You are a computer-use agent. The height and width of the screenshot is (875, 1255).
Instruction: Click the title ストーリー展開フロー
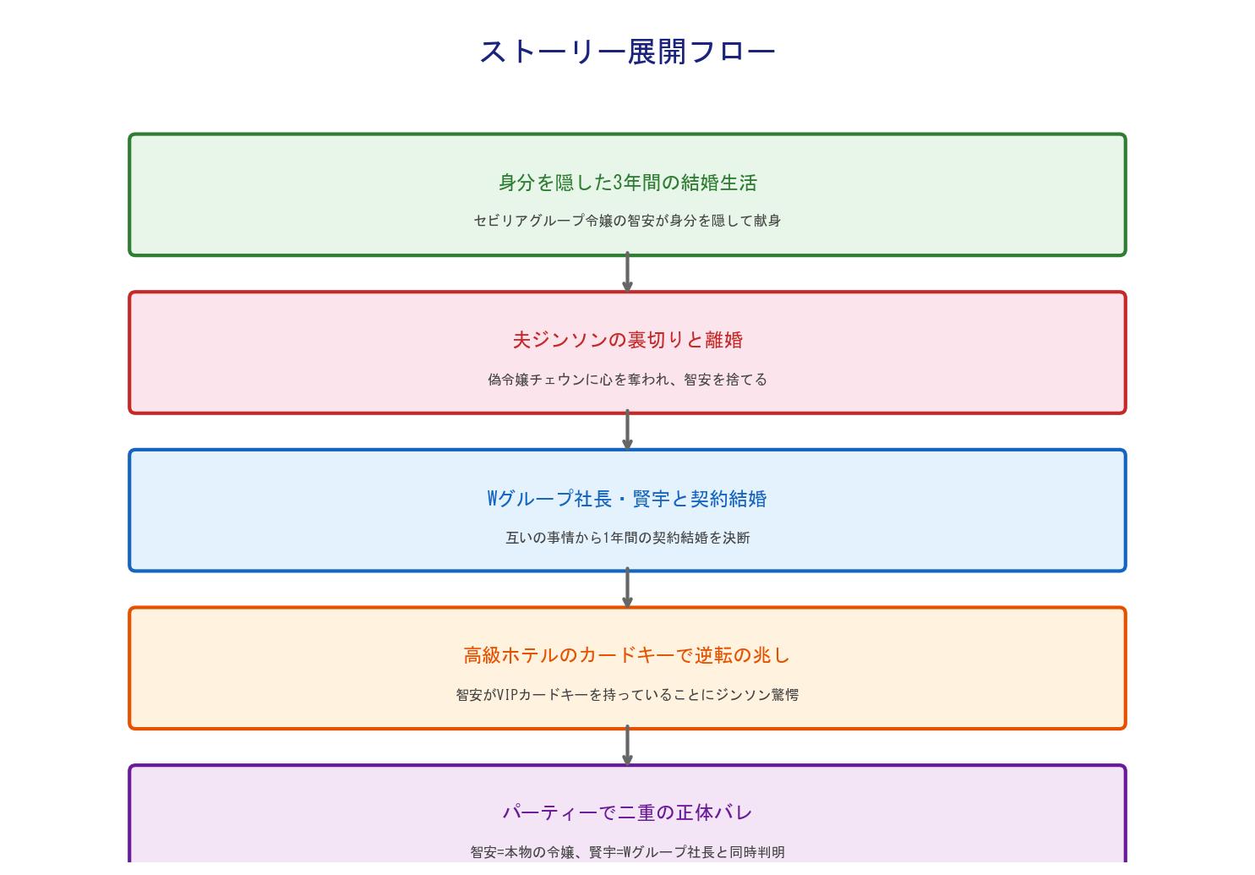click(627, 52)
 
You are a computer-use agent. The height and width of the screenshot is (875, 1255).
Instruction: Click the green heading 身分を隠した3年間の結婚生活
click(627, 183)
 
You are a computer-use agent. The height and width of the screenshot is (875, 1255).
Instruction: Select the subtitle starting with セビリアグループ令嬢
click(627, 221)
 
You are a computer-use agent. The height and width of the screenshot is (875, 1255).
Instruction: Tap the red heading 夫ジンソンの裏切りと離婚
click(627, 340)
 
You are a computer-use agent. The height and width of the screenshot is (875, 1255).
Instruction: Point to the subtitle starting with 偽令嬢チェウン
click(627, 380)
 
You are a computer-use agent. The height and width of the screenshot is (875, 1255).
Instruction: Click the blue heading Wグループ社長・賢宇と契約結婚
click(627, 499)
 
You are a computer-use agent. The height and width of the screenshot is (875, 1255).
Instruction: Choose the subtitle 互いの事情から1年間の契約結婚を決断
click(627, 538)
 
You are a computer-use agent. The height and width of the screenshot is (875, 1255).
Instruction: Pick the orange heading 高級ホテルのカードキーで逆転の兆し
click(627, 655)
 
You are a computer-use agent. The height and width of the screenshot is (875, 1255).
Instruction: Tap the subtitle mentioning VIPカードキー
click(627, 695)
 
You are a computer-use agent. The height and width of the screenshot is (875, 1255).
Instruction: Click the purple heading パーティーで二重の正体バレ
click(627, 812)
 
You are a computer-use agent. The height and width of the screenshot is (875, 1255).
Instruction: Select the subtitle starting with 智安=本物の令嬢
click(627, 852)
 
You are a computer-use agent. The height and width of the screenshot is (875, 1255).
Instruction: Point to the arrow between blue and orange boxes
click(627, 588)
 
